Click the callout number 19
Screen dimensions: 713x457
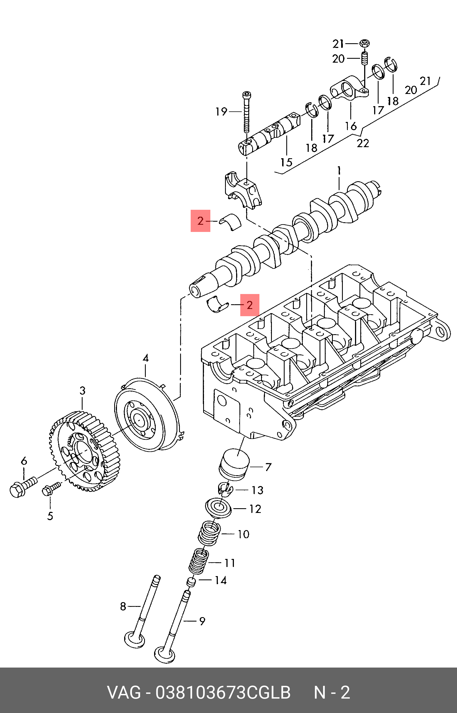click(x=221, y=112)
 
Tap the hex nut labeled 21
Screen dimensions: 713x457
click(x=364, y=44)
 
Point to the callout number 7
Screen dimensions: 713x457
click(x=268, y=467)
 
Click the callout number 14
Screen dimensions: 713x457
click(x=221, y=580)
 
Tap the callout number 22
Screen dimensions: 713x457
click(x=362, y=143)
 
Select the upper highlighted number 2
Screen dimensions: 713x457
click(x=200, y=221)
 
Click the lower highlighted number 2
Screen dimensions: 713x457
click(x=250, y=305)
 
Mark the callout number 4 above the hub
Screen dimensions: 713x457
click(x=145, y=358)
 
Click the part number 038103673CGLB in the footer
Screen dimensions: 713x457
click(x=223, y=693)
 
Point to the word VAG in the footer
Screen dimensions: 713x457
click(x=124, y=693)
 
